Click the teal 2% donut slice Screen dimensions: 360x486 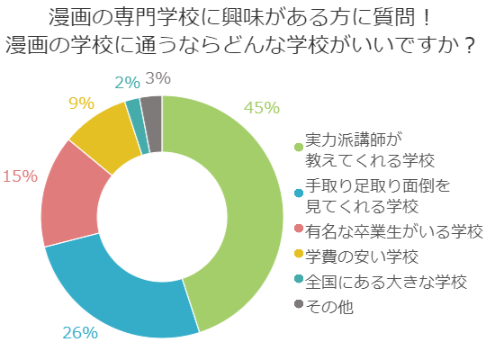134,112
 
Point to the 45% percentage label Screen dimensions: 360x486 262,108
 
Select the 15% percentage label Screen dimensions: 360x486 20,175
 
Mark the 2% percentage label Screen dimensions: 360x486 127,83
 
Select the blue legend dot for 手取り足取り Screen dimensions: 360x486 299,191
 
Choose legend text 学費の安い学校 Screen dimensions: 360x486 363,256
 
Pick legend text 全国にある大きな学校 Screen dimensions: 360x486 387,281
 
